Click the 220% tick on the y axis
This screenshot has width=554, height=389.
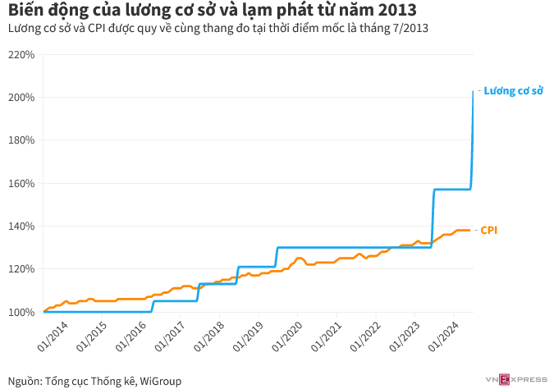pos(21,55)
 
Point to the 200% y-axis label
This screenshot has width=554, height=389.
pos(21,98)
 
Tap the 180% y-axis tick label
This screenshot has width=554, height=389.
pos(21,140)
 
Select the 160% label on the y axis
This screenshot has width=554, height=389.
pos(21,183)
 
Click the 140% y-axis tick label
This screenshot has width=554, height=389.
pos(21,226)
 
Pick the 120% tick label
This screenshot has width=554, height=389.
pos(21,268)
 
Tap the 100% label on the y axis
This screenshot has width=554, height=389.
pos(21,312)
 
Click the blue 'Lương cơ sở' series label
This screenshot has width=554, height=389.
pos(513,90)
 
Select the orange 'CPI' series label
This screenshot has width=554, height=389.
pos(489,231)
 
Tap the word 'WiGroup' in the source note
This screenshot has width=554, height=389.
pos(161,381)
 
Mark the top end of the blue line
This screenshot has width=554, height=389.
pos(473,91)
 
